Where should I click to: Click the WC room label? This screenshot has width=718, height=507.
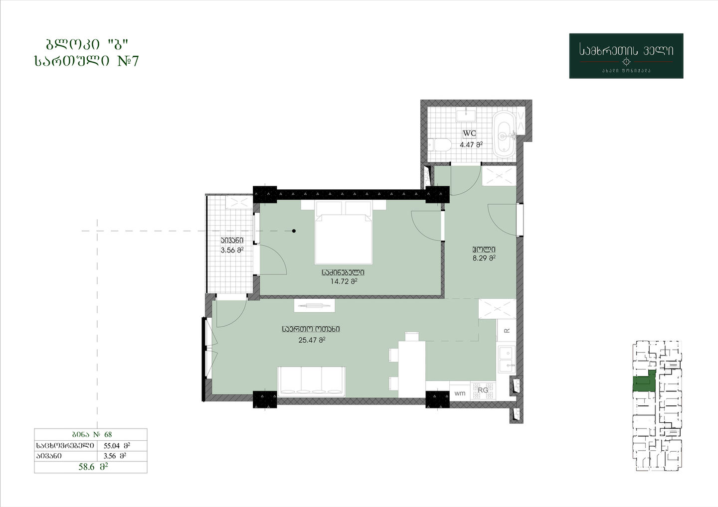[470, 133]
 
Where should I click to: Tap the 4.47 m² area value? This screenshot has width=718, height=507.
[471, 144]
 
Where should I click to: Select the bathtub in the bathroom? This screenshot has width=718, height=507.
[504, 134]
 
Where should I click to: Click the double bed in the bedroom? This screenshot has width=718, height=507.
[343, 233]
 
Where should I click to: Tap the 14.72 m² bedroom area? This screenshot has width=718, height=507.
[344, 281]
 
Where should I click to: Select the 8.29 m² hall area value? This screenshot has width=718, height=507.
[484, 258]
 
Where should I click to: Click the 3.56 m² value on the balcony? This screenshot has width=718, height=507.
[232, 250]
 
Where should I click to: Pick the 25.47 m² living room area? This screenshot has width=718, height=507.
[312, 340]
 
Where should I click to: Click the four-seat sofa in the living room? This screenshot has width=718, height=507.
[311, 381]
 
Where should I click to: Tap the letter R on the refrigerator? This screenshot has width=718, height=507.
[507, 331]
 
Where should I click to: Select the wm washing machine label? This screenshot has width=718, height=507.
[460, 393]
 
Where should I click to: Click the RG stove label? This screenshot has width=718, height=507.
[483, 390]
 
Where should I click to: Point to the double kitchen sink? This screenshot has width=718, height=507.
[507, 360]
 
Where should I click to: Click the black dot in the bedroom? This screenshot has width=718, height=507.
[294, 231]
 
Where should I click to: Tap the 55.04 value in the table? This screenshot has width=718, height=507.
[112, 445]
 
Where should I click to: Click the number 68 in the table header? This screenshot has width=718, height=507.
[108, 434]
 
